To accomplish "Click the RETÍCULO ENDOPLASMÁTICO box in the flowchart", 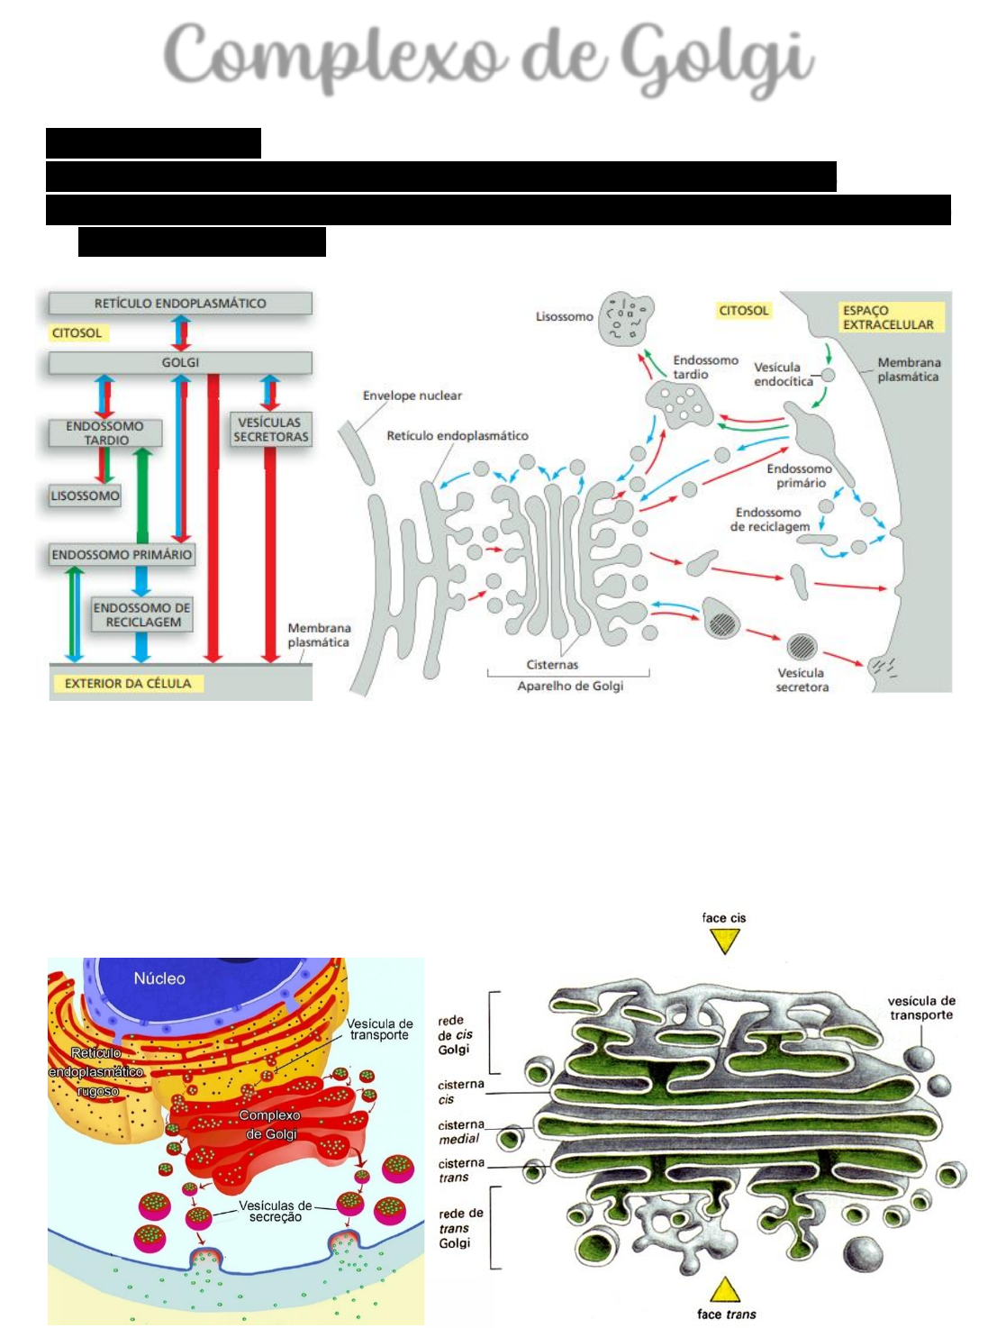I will [x=180, y=304].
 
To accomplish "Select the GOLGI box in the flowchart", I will [x=180, y=362].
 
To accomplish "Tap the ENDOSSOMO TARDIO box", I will [x=106, y=433].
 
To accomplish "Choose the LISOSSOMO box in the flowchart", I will [x=85, y=496].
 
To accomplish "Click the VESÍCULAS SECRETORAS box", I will [x=270, y=430].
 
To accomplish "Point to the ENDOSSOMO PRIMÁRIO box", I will [x=122, y=555].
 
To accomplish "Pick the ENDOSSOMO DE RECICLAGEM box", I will [x=142, y=614].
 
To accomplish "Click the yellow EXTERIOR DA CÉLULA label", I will [x=128, y=684].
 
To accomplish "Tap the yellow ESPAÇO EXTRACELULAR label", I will [x=887, y=317].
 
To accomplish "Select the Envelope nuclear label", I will [x=412, y=396].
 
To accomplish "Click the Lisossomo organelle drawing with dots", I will [x=626, y=319].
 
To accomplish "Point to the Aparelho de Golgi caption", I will [x=569, y=687].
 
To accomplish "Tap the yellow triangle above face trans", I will [x=724, y=1289].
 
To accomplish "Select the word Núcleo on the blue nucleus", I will [x=159, y=978].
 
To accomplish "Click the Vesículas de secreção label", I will [x=275, y=1211].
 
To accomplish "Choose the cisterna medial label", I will [x=460, y=1132].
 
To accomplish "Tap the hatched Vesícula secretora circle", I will [x=802, y=646].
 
